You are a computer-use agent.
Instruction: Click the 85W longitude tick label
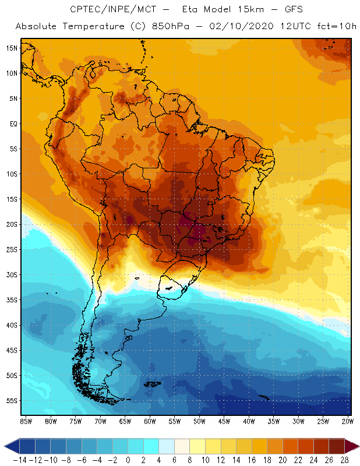[x=26, y=421]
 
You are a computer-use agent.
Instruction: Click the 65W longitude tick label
[x=125, y=421]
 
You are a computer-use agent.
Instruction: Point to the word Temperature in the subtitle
[x=90, y=27]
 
